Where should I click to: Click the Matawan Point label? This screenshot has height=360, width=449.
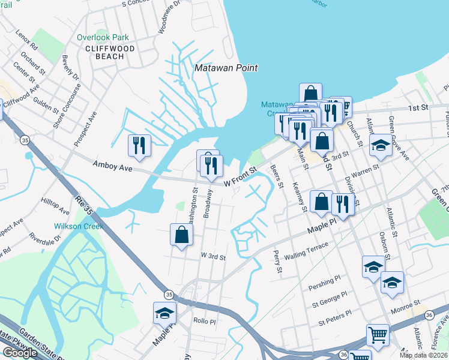point(226,68)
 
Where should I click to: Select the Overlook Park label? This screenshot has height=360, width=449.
point(103,37)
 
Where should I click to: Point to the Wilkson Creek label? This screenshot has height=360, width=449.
point(79,226)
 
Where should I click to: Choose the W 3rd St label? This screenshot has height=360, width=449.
point(212,257)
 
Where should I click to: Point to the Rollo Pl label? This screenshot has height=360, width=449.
point(204,321)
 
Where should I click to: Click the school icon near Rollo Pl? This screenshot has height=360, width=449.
point(164,313)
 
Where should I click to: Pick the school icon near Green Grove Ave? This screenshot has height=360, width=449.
point(380,146)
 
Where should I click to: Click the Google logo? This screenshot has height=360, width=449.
point(20,352)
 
